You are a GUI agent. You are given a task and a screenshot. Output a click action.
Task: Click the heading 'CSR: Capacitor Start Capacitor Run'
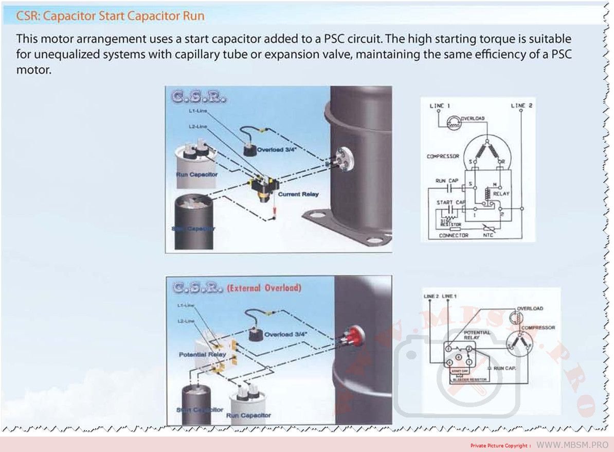tap(111, 16)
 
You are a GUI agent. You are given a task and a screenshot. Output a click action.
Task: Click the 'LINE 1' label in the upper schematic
tap(440, 106)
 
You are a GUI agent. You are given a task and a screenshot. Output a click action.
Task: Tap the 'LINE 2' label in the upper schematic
tap(521, 106)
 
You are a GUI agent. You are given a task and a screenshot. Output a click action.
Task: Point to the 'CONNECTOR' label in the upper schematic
tap(454, 235)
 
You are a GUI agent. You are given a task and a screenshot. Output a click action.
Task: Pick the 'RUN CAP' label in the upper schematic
tap(447, 181)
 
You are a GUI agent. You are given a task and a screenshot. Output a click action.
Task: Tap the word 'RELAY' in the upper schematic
tap(501, 194)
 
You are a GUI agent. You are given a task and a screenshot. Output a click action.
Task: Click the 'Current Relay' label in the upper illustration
tap(298, 194)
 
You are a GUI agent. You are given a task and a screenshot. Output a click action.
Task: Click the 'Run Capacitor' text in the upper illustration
tap(196, 175)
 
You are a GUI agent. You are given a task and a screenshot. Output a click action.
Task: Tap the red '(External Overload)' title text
tap(264, 288)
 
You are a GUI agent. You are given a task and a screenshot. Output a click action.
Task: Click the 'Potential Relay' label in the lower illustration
tap(203, 355)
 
